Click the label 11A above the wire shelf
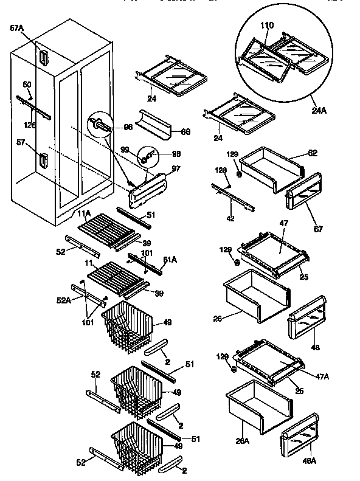pyautogui.click(x=84, y=213)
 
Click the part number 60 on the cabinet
pyautogui.click(x=27, y=85)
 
